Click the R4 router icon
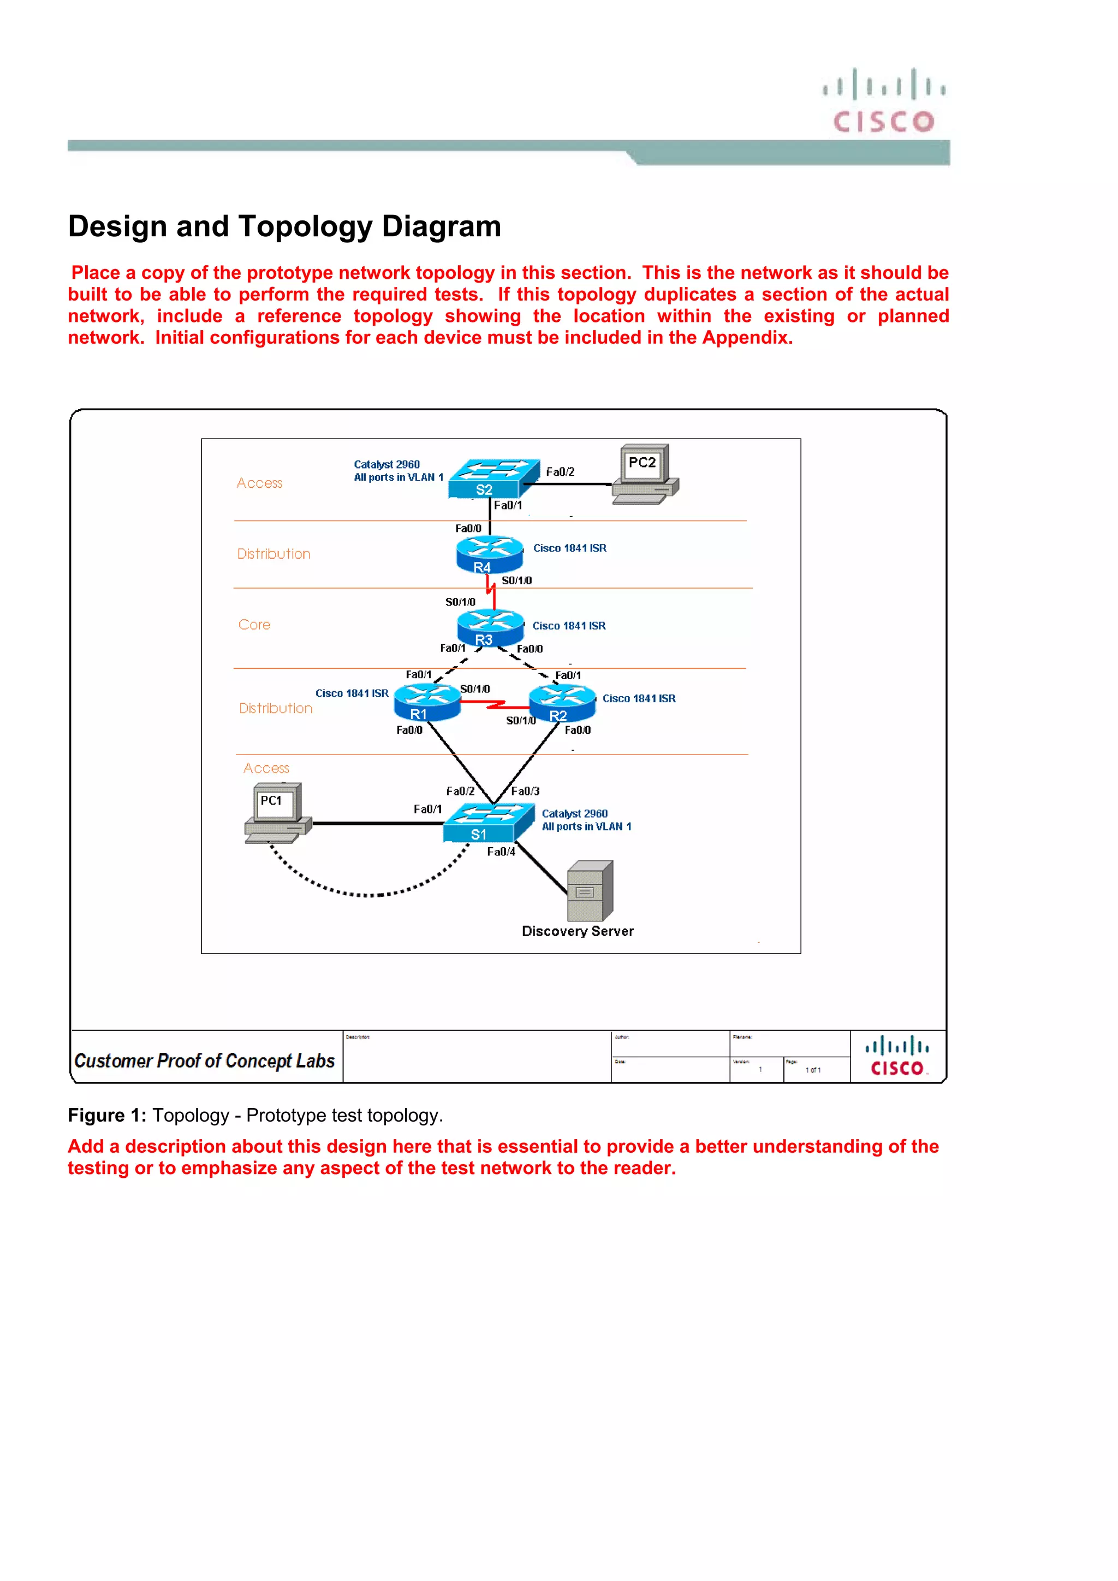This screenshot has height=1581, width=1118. [489, 554]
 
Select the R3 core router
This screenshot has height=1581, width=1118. [490, 627]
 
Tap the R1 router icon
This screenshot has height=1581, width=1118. [426, 702]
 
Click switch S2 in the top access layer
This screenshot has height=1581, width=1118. [492, 478]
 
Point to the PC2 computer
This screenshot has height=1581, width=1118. [645, 475]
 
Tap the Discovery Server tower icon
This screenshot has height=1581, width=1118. [590, 890]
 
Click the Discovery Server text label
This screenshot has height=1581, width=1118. [577, 931]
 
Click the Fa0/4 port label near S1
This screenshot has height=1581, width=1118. [501, 852]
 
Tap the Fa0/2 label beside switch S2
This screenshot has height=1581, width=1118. [560, 472]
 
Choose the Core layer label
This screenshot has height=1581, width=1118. [254, 625]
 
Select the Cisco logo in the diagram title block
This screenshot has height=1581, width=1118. [897, 1056]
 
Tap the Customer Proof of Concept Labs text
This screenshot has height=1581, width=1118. [205, 1061]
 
